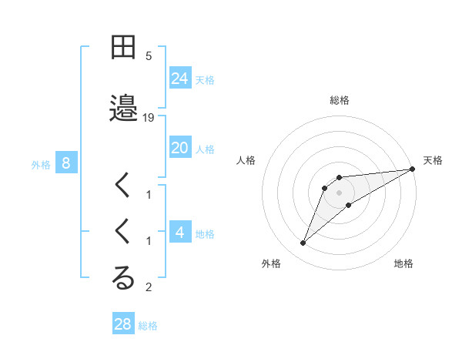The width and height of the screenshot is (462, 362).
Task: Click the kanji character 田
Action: tap(123, 49)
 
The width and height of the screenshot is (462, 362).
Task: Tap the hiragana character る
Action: tap(123, 278)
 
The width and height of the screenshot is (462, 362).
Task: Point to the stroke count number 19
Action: tap(149, 117)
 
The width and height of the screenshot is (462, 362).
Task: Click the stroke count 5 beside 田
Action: tap(149, 56)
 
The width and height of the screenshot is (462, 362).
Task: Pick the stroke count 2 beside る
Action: tap(149, 288)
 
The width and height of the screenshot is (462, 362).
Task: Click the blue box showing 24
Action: tap(180, 79)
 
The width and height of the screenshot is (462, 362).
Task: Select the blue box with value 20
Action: tap(180, 148)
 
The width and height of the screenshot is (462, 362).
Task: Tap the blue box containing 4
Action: tap(180, 233)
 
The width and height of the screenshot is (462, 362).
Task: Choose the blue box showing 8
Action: tap(66, 163)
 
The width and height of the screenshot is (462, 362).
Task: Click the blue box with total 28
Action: tap(123, 324)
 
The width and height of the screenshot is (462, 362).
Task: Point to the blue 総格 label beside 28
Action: tap(148, 325)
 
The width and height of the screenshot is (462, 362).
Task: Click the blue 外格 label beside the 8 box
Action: tap(41, 164)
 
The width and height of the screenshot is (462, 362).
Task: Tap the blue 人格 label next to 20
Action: tap(205, 149)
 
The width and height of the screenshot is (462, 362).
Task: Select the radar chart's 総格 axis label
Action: tap(340, 100)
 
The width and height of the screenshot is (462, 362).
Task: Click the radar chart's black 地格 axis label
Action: tap(403, 263)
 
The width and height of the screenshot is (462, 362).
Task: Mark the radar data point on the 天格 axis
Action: tap(412, 169)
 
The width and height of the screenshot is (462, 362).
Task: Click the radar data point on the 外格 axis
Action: tap(303, 243)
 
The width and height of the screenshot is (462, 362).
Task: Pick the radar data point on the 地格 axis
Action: tap(349, 204)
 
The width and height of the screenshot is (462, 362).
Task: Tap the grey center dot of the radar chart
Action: tap(340, 193)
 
